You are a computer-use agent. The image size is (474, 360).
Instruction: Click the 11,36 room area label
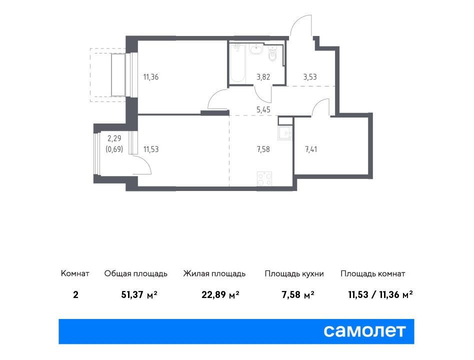(x=151, y=77)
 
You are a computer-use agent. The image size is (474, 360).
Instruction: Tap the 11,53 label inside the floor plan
(x=151, y=149)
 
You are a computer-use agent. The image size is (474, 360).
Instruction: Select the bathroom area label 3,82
(x=263, y=77)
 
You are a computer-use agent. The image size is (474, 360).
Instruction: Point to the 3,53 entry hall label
(x=310, y=77)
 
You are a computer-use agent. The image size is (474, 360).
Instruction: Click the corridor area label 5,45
(x=263, y=109)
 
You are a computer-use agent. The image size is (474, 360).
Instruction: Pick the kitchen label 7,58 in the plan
(x=263, y=149)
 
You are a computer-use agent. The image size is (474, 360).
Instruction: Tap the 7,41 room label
(x=311, y=149)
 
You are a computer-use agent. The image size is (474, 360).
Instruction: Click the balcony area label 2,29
(x=114, y=138)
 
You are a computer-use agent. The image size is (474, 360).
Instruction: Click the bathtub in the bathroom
(x=237, y=63)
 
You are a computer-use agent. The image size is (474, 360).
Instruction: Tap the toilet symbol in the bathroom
(x=272, y=54)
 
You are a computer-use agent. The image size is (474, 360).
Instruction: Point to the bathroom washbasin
(x=256, y=49)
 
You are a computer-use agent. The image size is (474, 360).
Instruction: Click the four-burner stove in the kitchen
(x=264, y=178)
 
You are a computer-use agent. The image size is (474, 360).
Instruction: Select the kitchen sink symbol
(x=285, y=133)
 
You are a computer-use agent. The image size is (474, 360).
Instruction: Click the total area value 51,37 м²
(x=139, y=294)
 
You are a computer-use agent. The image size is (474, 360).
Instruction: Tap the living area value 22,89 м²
(x=220, y=294)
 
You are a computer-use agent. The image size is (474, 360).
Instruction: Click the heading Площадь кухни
(x=294, y=274)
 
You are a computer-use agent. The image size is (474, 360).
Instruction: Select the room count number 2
(x=75, y=294)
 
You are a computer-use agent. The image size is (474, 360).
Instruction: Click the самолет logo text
(x=364, y=331)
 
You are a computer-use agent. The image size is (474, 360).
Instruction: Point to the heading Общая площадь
(x=135, y=274)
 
